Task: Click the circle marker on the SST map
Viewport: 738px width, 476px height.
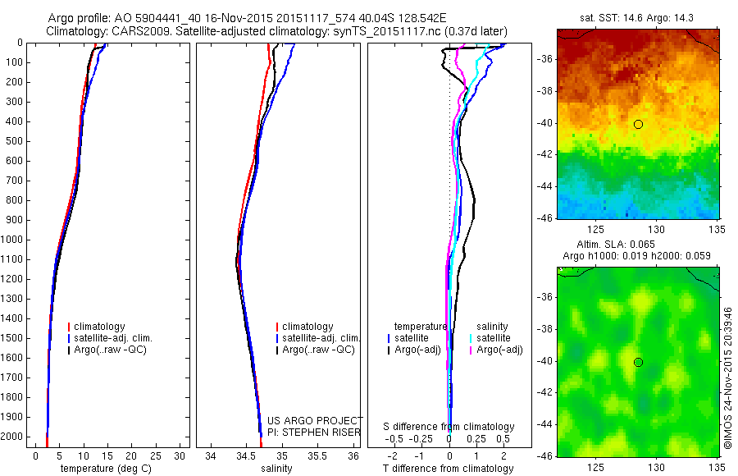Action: [x=638, y=124]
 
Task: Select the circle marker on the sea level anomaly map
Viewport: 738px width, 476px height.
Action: [x=638, y=362]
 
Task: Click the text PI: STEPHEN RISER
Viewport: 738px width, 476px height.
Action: [x=315, y=432]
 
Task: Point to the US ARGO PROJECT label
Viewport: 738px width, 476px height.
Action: [x=315, y=420]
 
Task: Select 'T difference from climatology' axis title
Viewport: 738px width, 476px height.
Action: [x=448, y=469]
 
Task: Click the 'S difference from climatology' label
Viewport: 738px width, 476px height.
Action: [x=449, y=427]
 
